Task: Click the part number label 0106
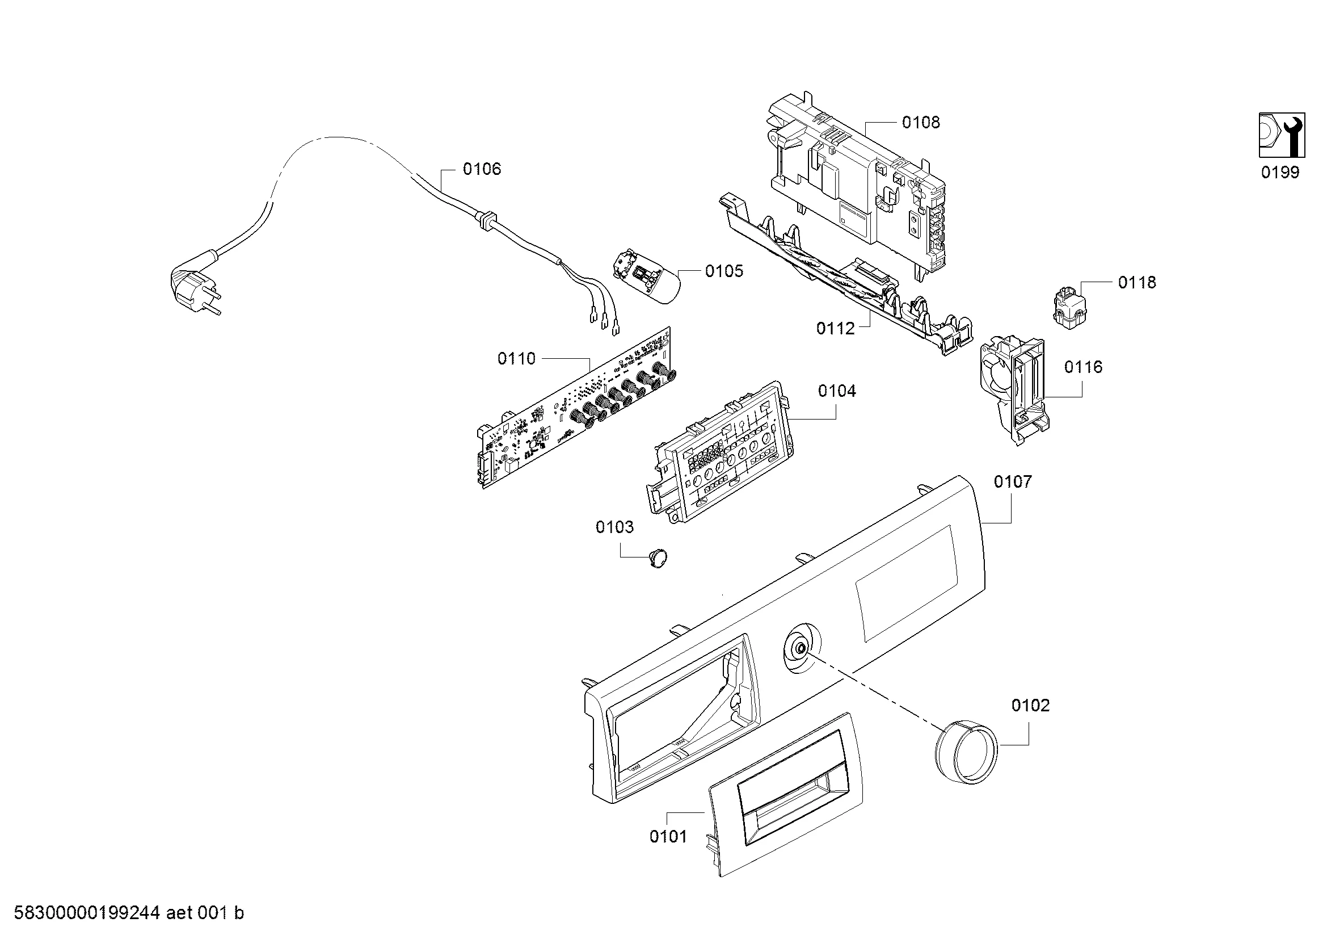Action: click(x=482, y=169)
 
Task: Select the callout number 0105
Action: click(x=723, y=271)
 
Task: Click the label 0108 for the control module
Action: click(x=921, y=123)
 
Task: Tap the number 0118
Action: click(x=1137, y=283)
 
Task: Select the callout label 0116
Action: click(x=1083, y=367)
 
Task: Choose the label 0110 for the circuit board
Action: click(x=516, y=359)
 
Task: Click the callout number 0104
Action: click(x=836, y=392)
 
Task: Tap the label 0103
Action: click(x=614, y=527)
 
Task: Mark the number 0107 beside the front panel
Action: click(x=1013, y=481)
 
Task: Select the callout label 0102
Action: click(x=1030, y=706)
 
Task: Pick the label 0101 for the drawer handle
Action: click(x=668, y=837)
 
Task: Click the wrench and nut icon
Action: click(x=1282, y=142)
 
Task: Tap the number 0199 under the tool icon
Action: click(x=1279, y=173)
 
